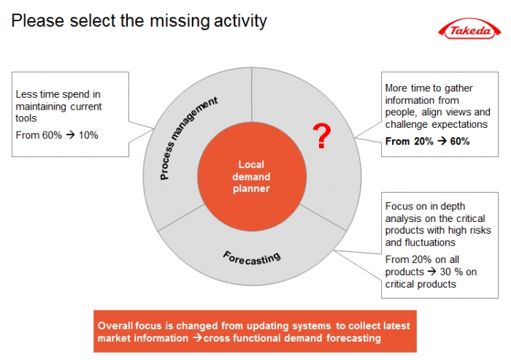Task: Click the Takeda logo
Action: (469, 31)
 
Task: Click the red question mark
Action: (322, 136)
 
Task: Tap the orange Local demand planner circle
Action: (251, 177)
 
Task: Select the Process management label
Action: (188, 138)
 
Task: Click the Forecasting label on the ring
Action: (251, 258)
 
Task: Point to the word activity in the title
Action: (240, 21)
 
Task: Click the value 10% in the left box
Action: (88, 135)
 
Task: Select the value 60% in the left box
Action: (52, 135)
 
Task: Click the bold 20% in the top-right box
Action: (423, 141)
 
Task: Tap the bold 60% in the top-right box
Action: (460, 141)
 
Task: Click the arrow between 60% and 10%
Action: (70, 135)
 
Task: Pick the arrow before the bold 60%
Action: (442, 141)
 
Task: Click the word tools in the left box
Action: (26, 118)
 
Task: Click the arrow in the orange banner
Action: (198, 338)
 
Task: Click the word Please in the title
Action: (38, 20)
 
